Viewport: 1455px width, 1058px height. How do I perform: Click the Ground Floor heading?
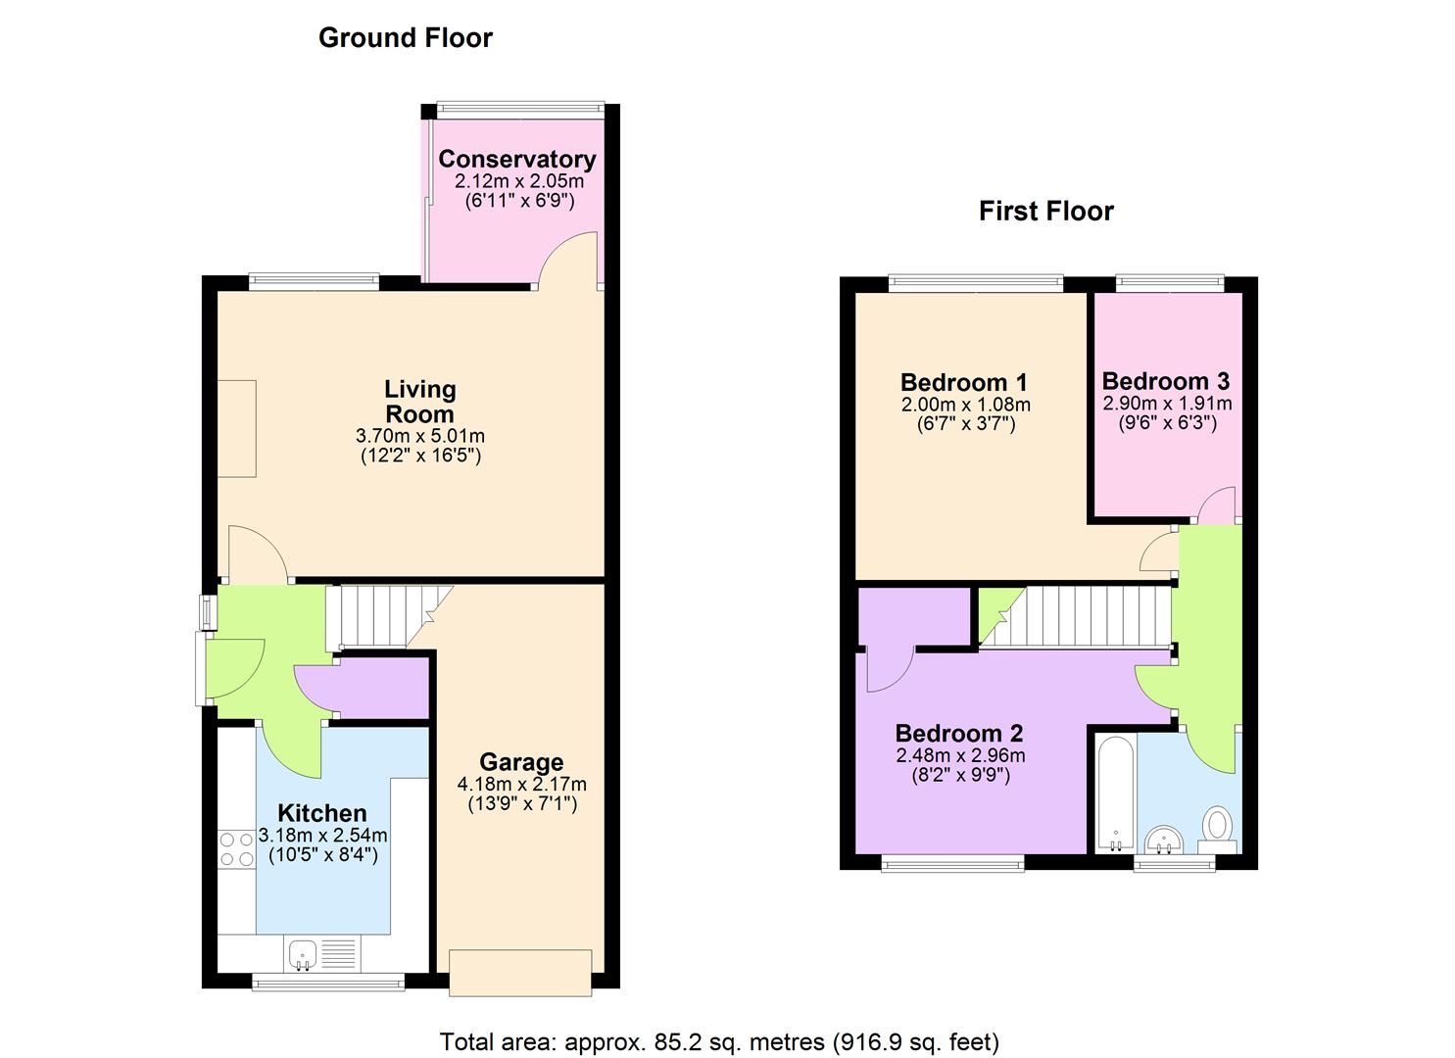[x=405, y=38]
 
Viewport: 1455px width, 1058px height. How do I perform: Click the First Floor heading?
[x=1045, y=212]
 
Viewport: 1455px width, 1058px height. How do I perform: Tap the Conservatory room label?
[x=516, y=159]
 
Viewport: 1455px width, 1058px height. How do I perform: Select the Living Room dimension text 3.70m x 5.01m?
[x=419, y=436]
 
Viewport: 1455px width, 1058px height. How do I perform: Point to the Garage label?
[x=521, y=762]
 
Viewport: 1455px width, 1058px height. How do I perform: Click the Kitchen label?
[x=321, y=813]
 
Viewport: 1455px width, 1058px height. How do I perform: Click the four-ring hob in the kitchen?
[x=235, y=848]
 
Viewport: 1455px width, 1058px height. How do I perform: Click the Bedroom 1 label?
[x=964, y=382]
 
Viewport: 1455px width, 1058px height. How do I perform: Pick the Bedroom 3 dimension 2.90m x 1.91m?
[x=1167, y=404]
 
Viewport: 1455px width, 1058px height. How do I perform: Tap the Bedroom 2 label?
[x=958, y=733]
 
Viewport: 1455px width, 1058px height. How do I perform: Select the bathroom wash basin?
[x=1165, y=840]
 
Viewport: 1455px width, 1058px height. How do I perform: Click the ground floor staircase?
[x=382, y=615]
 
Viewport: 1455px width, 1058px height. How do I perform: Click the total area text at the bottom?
[x=719, y=1041]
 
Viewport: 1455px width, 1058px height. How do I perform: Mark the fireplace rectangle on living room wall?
[x=236, y=429]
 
